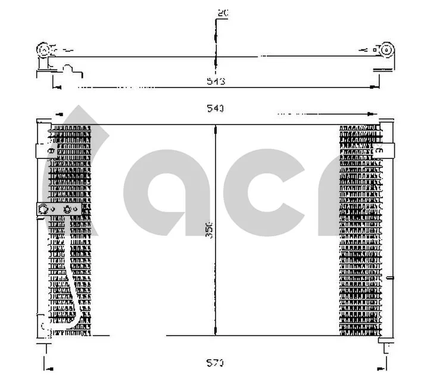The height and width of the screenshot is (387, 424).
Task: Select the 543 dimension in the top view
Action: (x=215, y=81)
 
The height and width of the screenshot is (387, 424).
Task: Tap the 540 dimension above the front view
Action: (x=215, y=108)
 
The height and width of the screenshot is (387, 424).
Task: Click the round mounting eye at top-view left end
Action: (x=43, y=50)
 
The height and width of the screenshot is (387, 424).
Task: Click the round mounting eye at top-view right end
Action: (x=386, y=50)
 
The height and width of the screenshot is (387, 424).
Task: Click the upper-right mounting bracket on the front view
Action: (x=384, y=151)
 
